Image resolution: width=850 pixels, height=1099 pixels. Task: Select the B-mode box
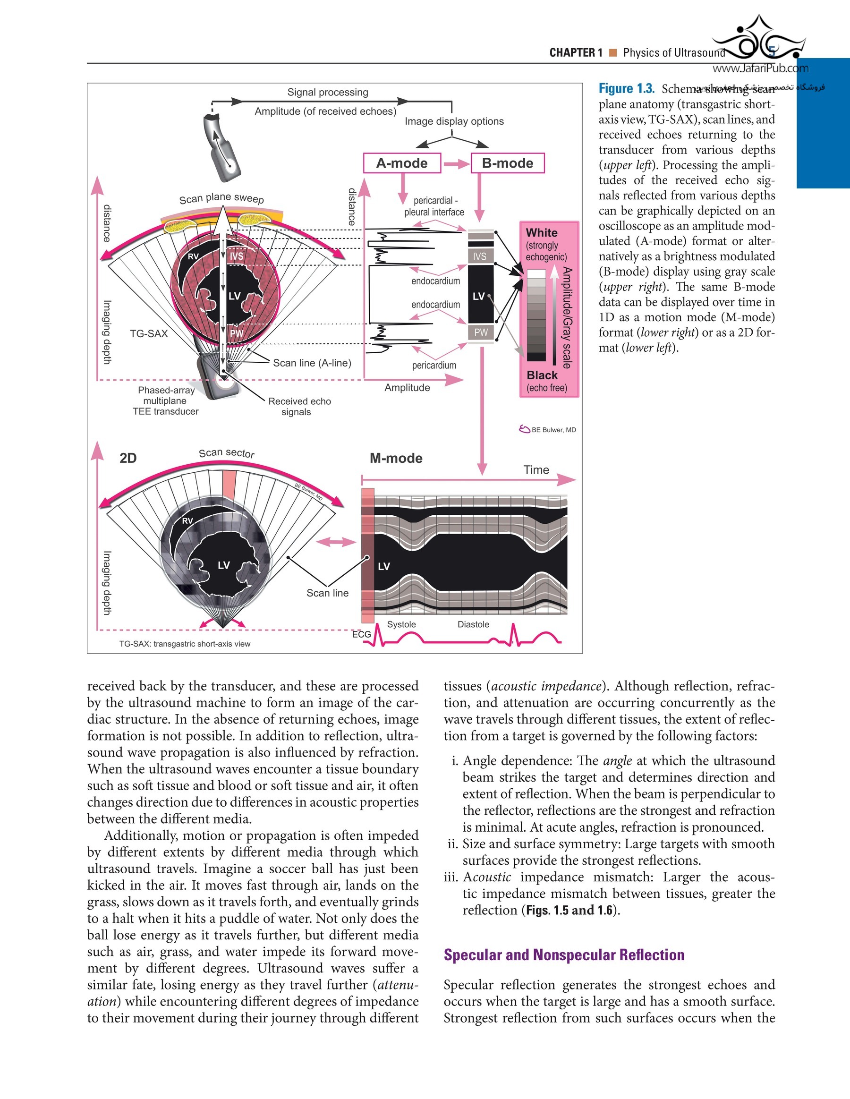507,163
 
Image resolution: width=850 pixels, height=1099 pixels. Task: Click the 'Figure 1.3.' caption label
627,89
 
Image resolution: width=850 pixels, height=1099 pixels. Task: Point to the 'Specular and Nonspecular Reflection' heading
564,954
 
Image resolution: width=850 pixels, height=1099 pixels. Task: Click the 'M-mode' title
396,458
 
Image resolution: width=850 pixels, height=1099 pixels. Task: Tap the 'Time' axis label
536,469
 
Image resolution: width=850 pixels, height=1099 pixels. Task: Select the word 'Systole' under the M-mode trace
401,624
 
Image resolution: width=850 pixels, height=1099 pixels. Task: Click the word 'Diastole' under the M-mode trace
473,624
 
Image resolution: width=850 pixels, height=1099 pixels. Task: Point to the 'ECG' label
361,634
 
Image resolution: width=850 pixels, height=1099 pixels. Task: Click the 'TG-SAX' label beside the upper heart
148,333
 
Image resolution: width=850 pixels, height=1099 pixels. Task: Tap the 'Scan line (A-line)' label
312,363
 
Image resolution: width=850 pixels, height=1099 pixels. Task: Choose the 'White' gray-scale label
542,232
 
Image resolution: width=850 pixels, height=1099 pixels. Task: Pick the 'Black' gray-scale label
542,375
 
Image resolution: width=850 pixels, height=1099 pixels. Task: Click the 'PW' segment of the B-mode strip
481,332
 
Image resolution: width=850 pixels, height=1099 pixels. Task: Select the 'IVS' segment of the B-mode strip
480,256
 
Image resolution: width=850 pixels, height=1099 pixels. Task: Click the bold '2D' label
128,458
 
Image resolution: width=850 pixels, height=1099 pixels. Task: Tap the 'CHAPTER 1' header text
576,53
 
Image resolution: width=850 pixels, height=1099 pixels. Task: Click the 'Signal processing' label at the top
328,92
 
